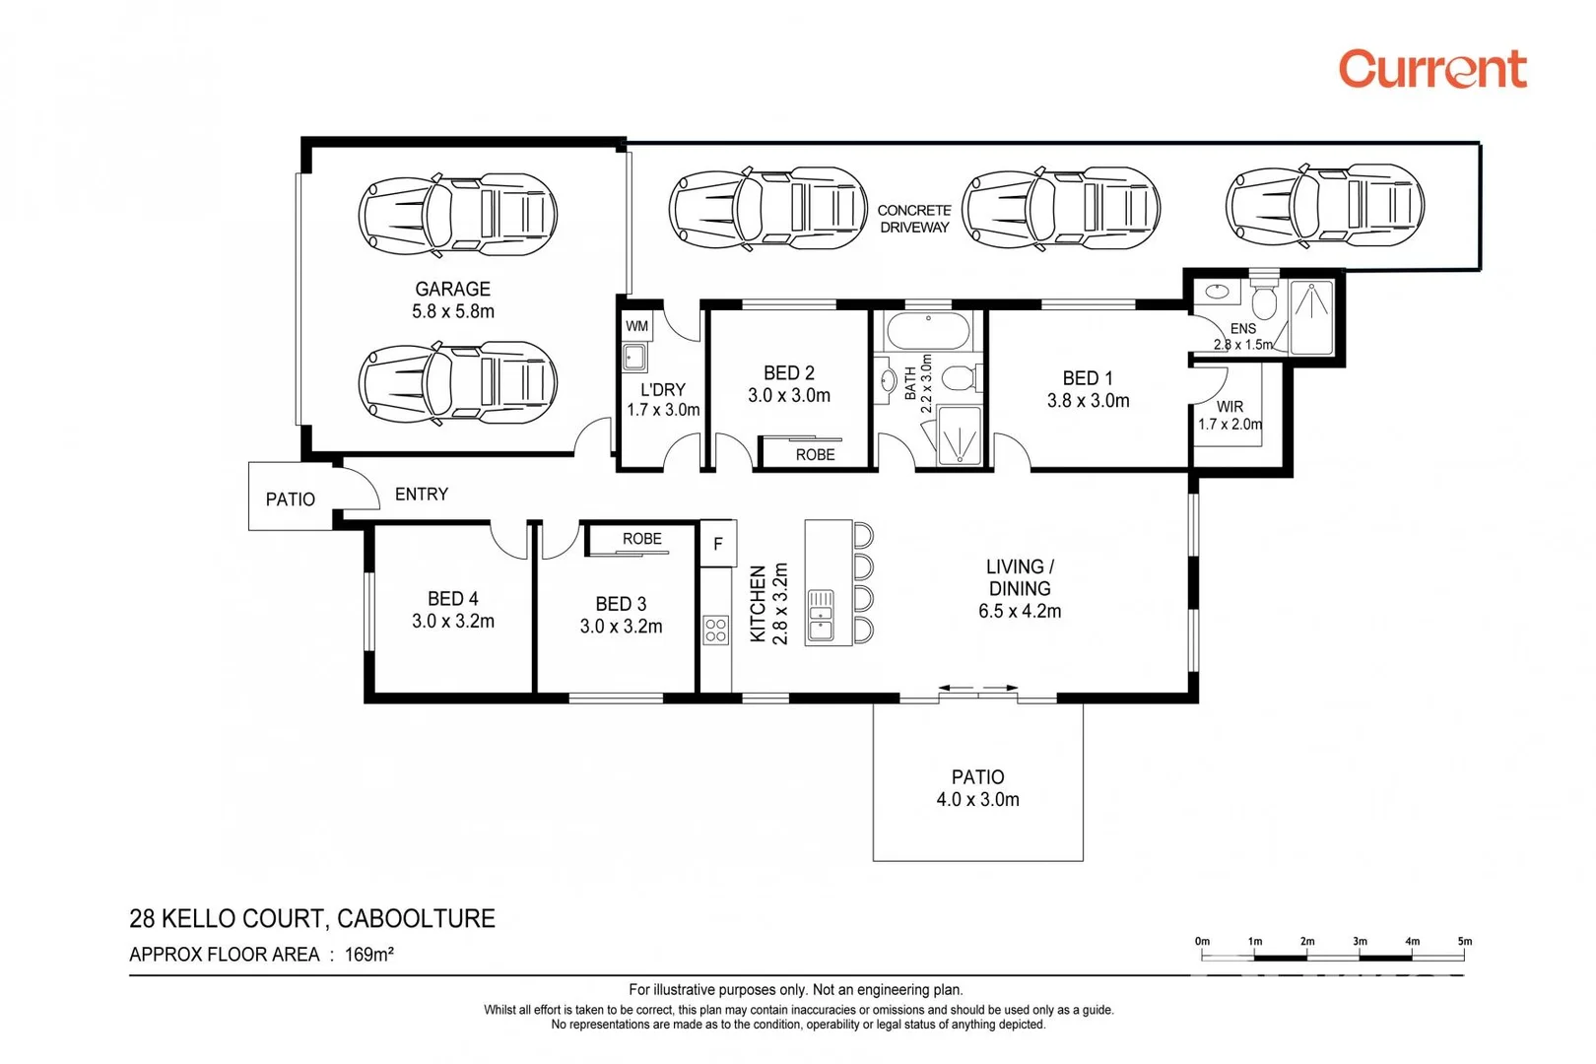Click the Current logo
coord(1432,69)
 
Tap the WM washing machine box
coord(636,326)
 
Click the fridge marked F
coord(718,544)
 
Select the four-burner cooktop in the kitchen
coord(715,630)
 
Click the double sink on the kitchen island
coord(821,616)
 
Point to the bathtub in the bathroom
coord(928,331)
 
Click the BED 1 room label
coord(1088,378)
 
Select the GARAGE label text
coord(452,289)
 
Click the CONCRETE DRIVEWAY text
coord(914,219)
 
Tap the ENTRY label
coord(421,494)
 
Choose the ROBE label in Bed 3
coord(642,539)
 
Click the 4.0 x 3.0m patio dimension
coord(977,800)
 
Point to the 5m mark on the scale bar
coord(1464,942)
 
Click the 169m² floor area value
coord(369,955)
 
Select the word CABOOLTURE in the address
coord(416,918)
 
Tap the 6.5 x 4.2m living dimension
coord(1020,612)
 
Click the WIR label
coord(1230,407)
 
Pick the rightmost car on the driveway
coord(1324,206)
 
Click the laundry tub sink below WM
coord(634,357)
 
